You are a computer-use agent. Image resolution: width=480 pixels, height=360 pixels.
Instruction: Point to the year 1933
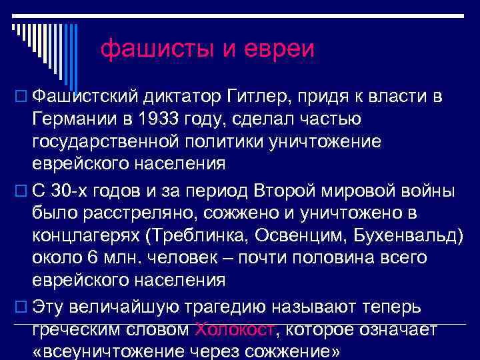[x=155, y=121]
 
